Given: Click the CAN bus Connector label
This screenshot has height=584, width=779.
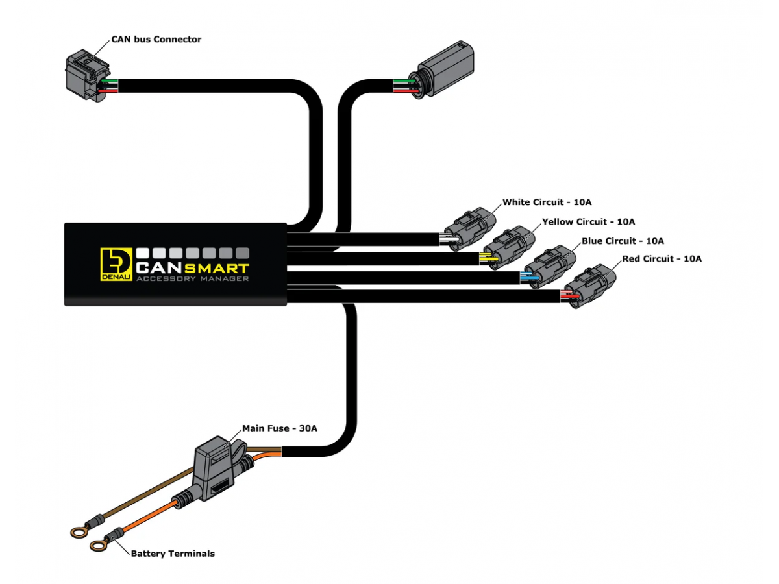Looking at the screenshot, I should click(x=156, y=40).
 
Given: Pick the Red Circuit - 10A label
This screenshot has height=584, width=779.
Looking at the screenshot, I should click(x=662, y=259).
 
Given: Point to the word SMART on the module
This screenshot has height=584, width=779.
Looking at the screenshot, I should click(x=217, y=267).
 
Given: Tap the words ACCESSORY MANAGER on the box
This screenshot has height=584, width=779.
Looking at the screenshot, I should click(x=193, y=279).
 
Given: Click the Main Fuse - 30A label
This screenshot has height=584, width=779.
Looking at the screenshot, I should click(x=280, y=428).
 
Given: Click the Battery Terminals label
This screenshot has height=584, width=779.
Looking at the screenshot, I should click(x=173, y=554).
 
